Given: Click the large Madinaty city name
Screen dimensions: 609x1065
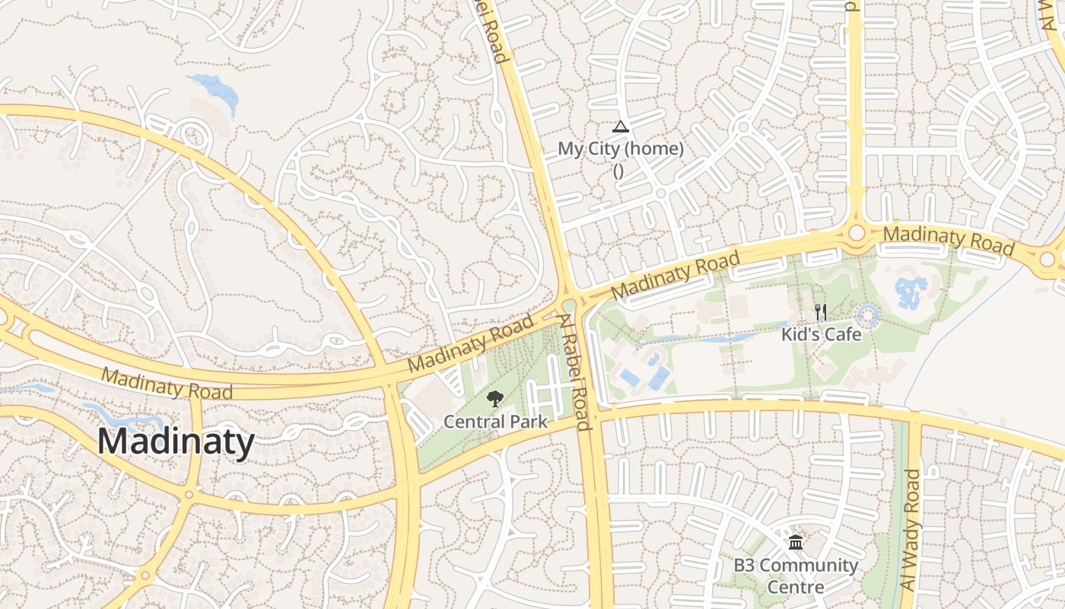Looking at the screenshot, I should pyautogui.click(x=176, y=442).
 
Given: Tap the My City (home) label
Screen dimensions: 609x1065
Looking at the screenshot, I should pyautogui.click(x=621, y=149).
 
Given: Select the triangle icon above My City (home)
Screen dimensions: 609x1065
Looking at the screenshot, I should pyautogui.click(x=621, y=127).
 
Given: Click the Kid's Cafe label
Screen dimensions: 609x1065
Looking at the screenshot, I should pyautogui.click(x=822, y=334).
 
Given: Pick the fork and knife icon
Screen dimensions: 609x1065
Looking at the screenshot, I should pyautogui.click(x=821, y=312).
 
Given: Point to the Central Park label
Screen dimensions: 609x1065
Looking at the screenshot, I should pyautogui.click(x=495, y=421).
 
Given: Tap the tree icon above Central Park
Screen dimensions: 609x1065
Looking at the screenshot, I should pyautogui.click(x=495, y=398).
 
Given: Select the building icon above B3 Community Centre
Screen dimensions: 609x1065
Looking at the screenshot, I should pyautogui.click(x=796, y=543).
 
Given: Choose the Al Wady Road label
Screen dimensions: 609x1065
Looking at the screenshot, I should pyautogui.click(x=909, y=530).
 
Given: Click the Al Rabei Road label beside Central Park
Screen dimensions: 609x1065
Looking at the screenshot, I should pyautogui.click(x=576, y=373).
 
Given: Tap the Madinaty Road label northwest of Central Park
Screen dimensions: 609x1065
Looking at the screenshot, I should pyautogui.click(x=470, y=343).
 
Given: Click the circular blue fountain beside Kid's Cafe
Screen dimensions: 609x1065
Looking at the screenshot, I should pyautogui.click(x=868, y=314).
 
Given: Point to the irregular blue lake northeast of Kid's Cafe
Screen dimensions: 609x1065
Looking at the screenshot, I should pyautogui.click(x=911, y=292).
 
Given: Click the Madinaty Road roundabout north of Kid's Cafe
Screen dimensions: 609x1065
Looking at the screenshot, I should pyautogui.click(x=857, y=232).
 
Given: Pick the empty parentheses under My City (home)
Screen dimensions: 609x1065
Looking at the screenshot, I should pyautogui.click(x=618, y=171).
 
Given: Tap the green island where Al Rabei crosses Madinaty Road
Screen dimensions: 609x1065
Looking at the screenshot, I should pyautogui.click(x=569, y=306).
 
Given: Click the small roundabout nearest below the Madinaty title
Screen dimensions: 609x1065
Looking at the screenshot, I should pyautogui.click(x=188, y=495).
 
